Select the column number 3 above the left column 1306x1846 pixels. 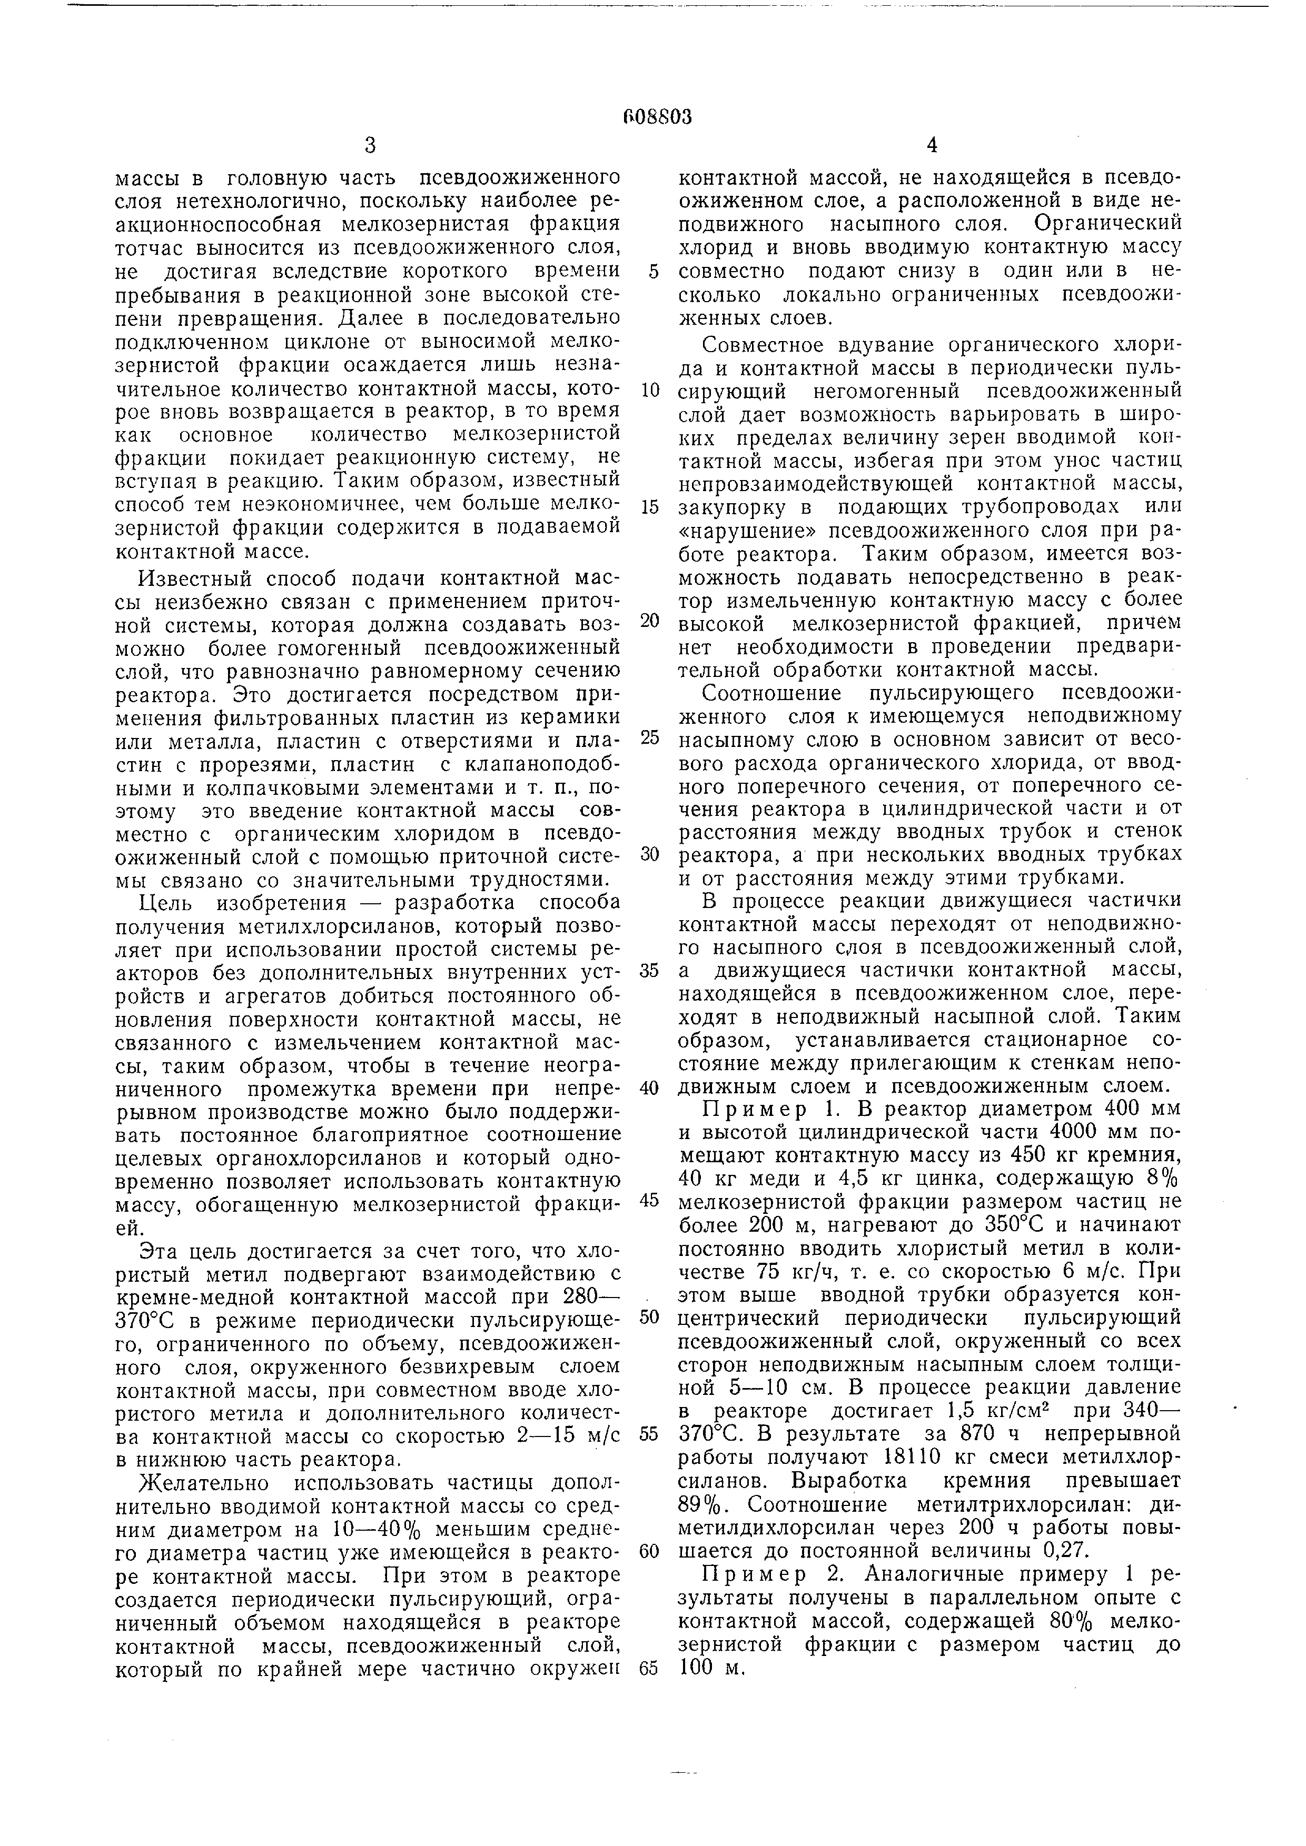369,145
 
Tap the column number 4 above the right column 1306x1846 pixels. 932,145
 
